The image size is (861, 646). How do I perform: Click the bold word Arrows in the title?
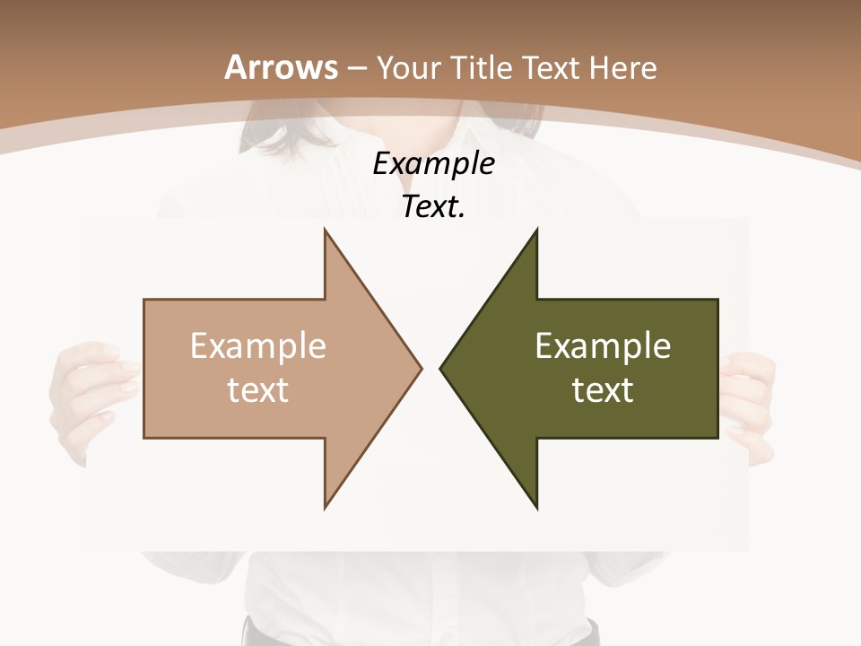282,67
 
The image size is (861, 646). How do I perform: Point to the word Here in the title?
625,67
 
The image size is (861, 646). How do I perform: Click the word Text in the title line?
552,67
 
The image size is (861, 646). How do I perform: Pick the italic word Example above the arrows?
434,163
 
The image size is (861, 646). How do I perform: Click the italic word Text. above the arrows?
434,206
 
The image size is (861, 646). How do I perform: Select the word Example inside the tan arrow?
258,346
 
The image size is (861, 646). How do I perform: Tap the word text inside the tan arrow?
258,390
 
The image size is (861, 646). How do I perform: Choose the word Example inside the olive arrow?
603,346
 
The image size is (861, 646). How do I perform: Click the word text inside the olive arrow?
603,390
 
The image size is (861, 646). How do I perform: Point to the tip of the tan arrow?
421,368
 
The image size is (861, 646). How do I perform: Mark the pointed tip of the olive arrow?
440,368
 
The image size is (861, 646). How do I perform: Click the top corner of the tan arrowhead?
325,230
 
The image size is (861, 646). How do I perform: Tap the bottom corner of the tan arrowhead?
325,507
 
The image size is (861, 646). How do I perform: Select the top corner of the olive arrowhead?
536,230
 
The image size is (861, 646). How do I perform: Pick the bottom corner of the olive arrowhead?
536,507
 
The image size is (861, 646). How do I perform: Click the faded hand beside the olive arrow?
750,404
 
